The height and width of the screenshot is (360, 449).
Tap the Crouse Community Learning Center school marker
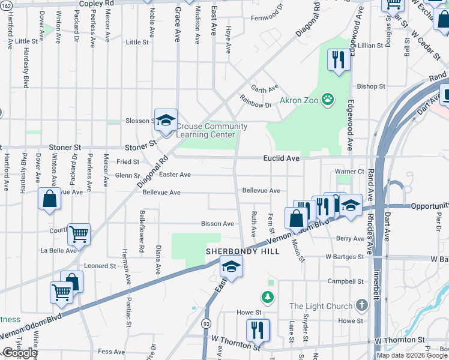(x=166, y=119)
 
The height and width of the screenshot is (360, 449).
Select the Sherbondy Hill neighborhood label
(x=243, y=251)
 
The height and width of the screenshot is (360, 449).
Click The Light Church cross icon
(x=361, y=306)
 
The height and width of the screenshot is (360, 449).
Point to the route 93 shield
(x=206, y=323)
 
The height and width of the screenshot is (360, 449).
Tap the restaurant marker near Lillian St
(x=339, y=59)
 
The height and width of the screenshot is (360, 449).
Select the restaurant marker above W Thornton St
(x=258, y=329)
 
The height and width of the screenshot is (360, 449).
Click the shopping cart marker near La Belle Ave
(x=79, y=234)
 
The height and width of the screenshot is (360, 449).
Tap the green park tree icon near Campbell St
(x=267, y=297)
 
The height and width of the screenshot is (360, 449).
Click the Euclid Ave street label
(x=281, y=158)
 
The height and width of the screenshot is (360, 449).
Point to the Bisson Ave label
(x=217, y=224)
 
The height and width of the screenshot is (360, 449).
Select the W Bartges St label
(x=345, y=256)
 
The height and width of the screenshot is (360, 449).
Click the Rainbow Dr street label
(x=255, y=101)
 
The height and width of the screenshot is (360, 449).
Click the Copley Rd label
(x=96, y=3)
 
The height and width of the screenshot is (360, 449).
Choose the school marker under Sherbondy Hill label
(x=231, y=266)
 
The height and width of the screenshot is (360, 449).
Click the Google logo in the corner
(x=20, y=353)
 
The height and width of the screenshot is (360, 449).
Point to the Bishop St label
(x=370, y=86)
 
